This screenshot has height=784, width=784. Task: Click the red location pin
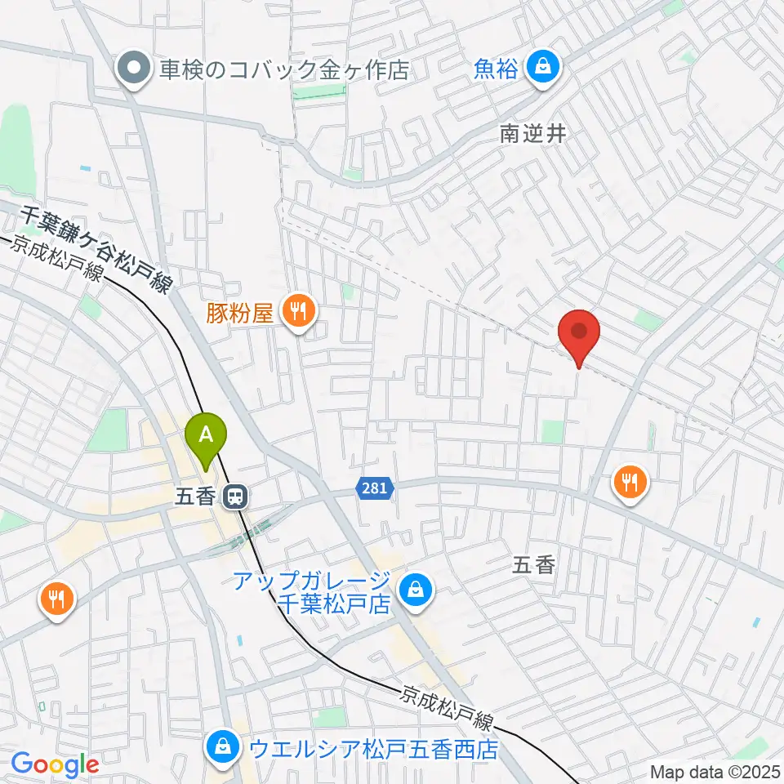point(579,335)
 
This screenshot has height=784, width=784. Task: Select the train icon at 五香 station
point(238,496)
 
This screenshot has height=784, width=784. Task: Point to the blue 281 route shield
point(376,488)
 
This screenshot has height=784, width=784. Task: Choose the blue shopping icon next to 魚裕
point(542,69)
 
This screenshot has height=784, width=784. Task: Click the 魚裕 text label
point(496,69)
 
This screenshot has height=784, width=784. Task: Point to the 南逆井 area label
point(533,134)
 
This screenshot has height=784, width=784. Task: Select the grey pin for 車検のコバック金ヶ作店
point(131,69)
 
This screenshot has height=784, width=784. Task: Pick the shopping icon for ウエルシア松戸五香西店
point(221,747)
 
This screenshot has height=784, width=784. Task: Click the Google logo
point(55,764)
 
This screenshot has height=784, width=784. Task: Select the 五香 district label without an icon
point(534,564)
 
